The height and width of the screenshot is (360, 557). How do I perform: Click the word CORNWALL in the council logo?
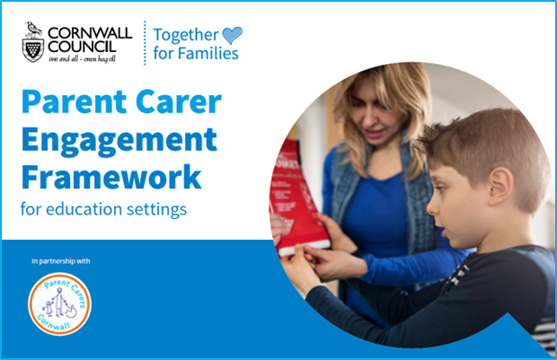90,33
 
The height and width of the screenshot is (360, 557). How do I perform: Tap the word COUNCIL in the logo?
82,47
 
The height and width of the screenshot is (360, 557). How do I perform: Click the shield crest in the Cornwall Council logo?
33,49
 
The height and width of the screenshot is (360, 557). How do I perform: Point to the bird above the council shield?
33,29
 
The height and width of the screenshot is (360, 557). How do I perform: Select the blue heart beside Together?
233,35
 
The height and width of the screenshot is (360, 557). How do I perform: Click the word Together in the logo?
186,35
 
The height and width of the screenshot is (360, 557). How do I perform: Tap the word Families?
208,53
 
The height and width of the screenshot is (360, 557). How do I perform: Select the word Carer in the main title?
178,101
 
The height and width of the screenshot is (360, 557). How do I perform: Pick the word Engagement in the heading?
119,141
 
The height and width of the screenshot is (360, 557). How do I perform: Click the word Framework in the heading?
111,177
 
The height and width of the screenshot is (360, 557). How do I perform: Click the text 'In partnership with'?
61,261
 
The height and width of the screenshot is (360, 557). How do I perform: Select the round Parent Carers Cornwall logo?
59,304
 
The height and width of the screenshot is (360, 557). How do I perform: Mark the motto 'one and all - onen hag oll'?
82,59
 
